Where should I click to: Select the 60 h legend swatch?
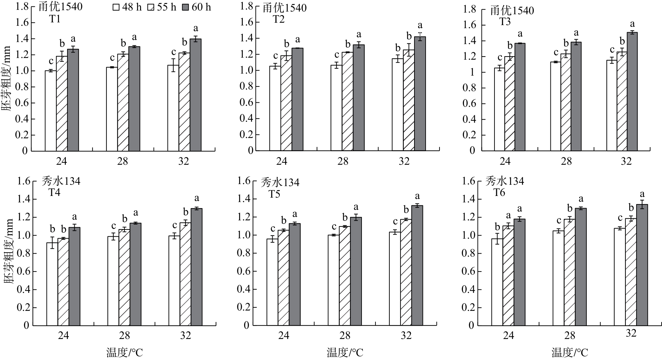(186, 7)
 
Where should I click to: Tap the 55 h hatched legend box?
(151, 7)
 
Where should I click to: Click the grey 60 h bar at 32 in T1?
(195, 95)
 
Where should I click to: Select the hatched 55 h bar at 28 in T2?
(348, 101)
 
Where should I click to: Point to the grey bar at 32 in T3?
(632, 92)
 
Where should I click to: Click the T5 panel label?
(274, 194)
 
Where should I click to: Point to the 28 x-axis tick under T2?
(343, 161)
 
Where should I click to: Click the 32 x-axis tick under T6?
(631, 333)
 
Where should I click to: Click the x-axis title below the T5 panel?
(345, 353)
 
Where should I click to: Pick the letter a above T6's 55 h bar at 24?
(508, 216)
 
